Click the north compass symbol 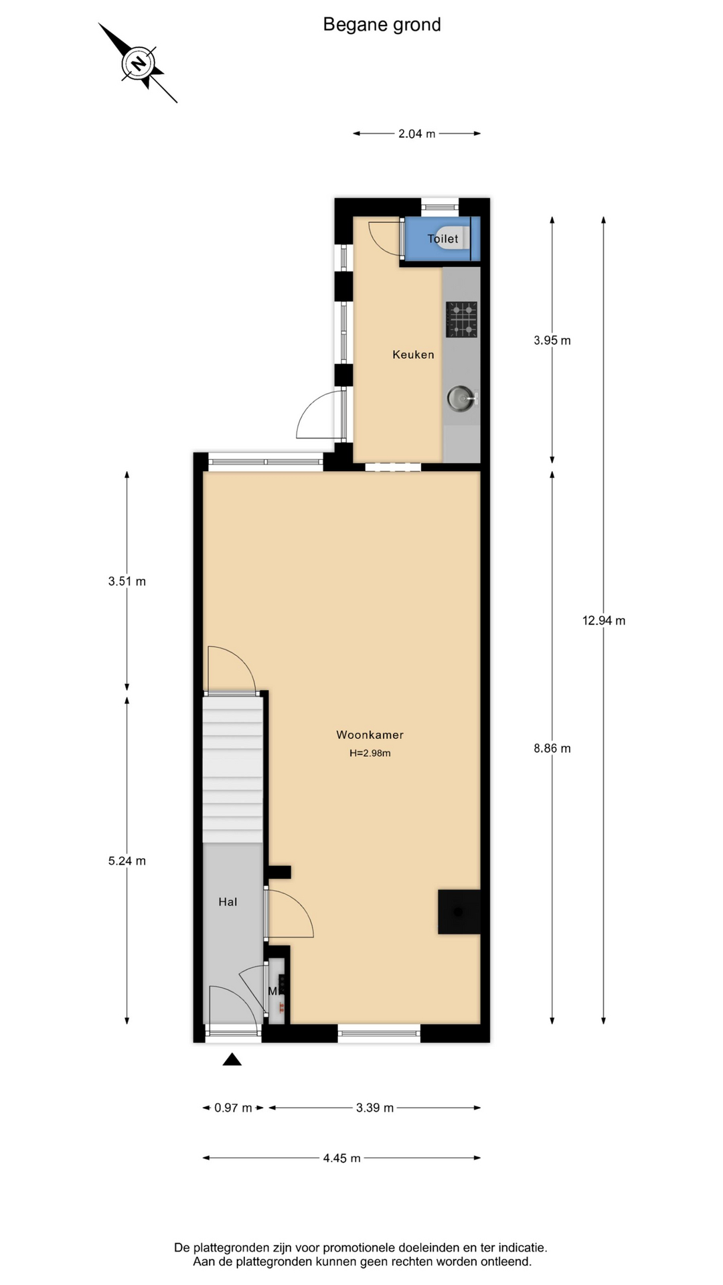coord(138,63)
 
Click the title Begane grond coord(382,25)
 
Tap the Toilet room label coord(443,239)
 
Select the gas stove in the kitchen coord(461,319)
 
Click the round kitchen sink coord(461,399)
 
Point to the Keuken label coord(413,355)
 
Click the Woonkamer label coord(370,735)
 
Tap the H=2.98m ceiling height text coord(370,753)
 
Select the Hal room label coord(228,902)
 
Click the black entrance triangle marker coord(232,1059)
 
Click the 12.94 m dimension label coord(604,620)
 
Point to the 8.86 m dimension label coord(552,748)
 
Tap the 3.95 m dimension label coord(552,340)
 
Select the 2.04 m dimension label coord(417,134)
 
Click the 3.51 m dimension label coord(127,582)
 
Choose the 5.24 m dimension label coord(127,861)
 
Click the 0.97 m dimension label coord(233,1108)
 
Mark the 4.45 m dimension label coord(342,1158)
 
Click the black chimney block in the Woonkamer coord(459,912)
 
